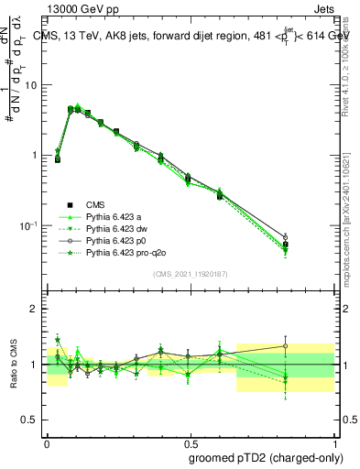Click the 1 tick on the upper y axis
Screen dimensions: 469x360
[37, 155]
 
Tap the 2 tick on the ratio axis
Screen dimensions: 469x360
[37, 309]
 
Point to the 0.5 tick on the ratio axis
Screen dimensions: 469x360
[32, 420]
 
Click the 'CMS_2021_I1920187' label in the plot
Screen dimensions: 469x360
[191, 274]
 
